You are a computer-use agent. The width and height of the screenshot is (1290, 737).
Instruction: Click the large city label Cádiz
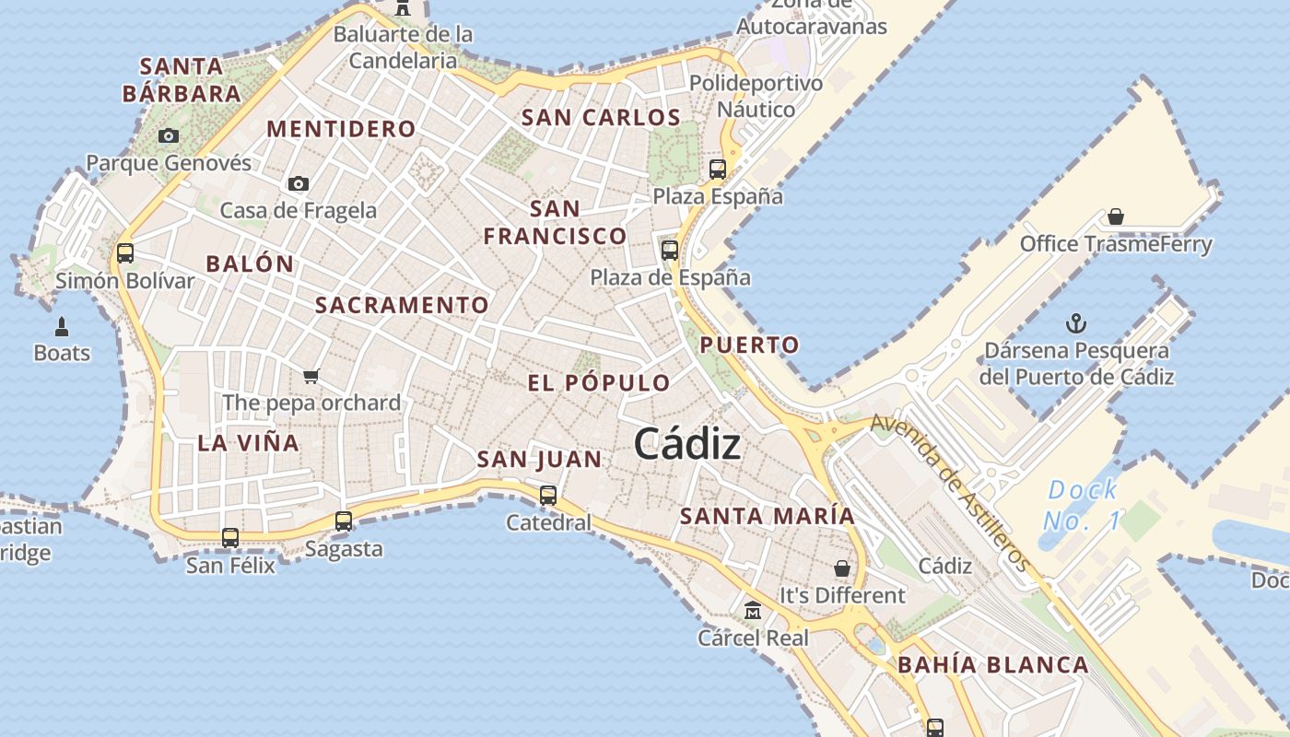[686, 445]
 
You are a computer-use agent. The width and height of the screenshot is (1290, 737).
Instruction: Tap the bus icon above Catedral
[548, 496]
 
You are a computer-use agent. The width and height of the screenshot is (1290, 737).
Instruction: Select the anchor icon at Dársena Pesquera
[1075, 323]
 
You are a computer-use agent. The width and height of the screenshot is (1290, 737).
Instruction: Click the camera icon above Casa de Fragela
[298, 184]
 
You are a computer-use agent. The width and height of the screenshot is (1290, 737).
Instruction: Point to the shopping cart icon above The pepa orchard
[311, 376]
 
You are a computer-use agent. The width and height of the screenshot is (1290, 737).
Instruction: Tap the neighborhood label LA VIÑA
[248, 443]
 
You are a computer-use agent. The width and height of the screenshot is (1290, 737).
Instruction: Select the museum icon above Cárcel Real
[753, 611]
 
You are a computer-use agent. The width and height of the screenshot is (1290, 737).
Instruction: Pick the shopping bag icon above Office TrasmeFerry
[1116, 216]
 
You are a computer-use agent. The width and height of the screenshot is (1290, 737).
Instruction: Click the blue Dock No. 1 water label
[1083, 505]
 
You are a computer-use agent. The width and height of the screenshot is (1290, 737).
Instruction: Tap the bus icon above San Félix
[230, 537]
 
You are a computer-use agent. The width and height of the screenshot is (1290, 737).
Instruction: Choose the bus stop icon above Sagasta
[344, 521]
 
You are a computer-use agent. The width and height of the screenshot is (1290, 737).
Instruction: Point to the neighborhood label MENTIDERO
[341, 129]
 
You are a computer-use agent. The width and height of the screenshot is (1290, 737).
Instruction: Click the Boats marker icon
[62, 326]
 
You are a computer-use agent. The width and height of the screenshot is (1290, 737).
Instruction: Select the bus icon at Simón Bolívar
[125, 253]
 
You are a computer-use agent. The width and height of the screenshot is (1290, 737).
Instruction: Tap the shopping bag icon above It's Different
[841, 568]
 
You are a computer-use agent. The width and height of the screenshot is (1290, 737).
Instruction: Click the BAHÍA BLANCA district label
[992, 665]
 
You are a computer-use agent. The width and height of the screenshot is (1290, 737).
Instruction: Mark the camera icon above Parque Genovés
[168, 136]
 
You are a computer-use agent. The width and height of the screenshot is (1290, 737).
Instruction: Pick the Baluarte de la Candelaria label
[403, 48]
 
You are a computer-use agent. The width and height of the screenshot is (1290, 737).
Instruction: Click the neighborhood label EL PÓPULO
[599, 383]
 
